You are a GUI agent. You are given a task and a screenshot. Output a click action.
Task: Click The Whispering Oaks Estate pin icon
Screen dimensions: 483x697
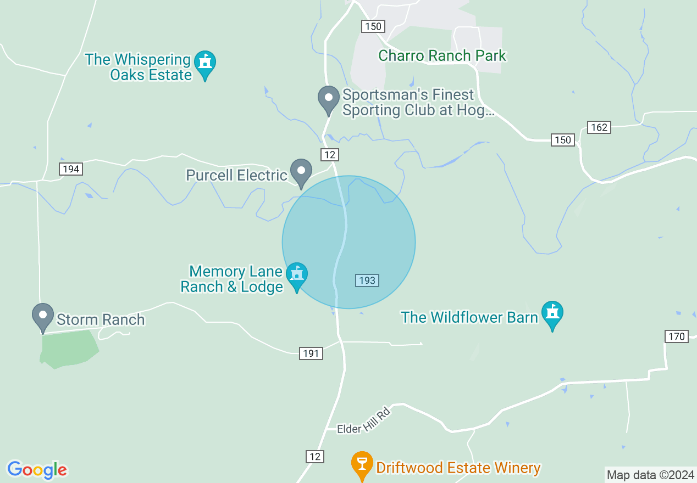click(205, 64)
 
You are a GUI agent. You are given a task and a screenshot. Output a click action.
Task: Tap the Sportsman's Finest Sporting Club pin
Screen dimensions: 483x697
click(329, 100)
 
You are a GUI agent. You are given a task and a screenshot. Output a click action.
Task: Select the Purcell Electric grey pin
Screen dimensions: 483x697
click(301, 172)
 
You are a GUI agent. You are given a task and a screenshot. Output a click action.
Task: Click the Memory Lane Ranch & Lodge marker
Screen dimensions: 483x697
click(297, 276)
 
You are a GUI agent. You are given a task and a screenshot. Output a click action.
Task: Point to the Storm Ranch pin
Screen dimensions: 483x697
click(43, 317)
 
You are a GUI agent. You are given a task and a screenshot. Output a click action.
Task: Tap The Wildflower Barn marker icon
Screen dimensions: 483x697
click(552, 314)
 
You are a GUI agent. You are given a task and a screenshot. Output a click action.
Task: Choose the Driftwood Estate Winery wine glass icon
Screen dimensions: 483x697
click(362, 465)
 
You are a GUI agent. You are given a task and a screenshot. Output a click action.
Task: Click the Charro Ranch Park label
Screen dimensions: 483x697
click(442, 55)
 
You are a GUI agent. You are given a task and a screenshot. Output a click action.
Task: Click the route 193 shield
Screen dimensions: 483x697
click(367, 280)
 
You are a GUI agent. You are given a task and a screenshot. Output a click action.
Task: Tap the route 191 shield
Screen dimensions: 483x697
click(311, 353)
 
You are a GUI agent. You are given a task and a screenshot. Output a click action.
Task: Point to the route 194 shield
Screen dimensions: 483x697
click(71, 169)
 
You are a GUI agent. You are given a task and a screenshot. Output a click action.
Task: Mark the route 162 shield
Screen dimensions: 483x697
click(599, 127)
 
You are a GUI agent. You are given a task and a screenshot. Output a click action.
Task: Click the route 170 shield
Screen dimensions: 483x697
click(677, 336)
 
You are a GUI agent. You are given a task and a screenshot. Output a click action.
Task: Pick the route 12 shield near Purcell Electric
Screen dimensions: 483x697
click(329, 155)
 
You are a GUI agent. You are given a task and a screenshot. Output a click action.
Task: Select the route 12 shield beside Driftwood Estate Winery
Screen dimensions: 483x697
click(314, 456)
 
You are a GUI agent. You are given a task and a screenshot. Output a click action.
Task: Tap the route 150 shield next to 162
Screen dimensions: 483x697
click(563, 140)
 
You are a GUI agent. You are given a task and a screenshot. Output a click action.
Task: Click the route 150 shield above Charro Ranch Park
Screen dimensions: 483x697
click(372, 26)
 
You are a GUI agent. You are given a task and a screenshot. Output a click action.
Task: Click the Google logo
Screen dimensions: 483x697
click(37, 470)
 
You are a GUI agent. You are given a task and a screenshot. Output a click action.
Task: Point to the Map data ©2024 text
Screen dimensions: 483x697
click(650, 475)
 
